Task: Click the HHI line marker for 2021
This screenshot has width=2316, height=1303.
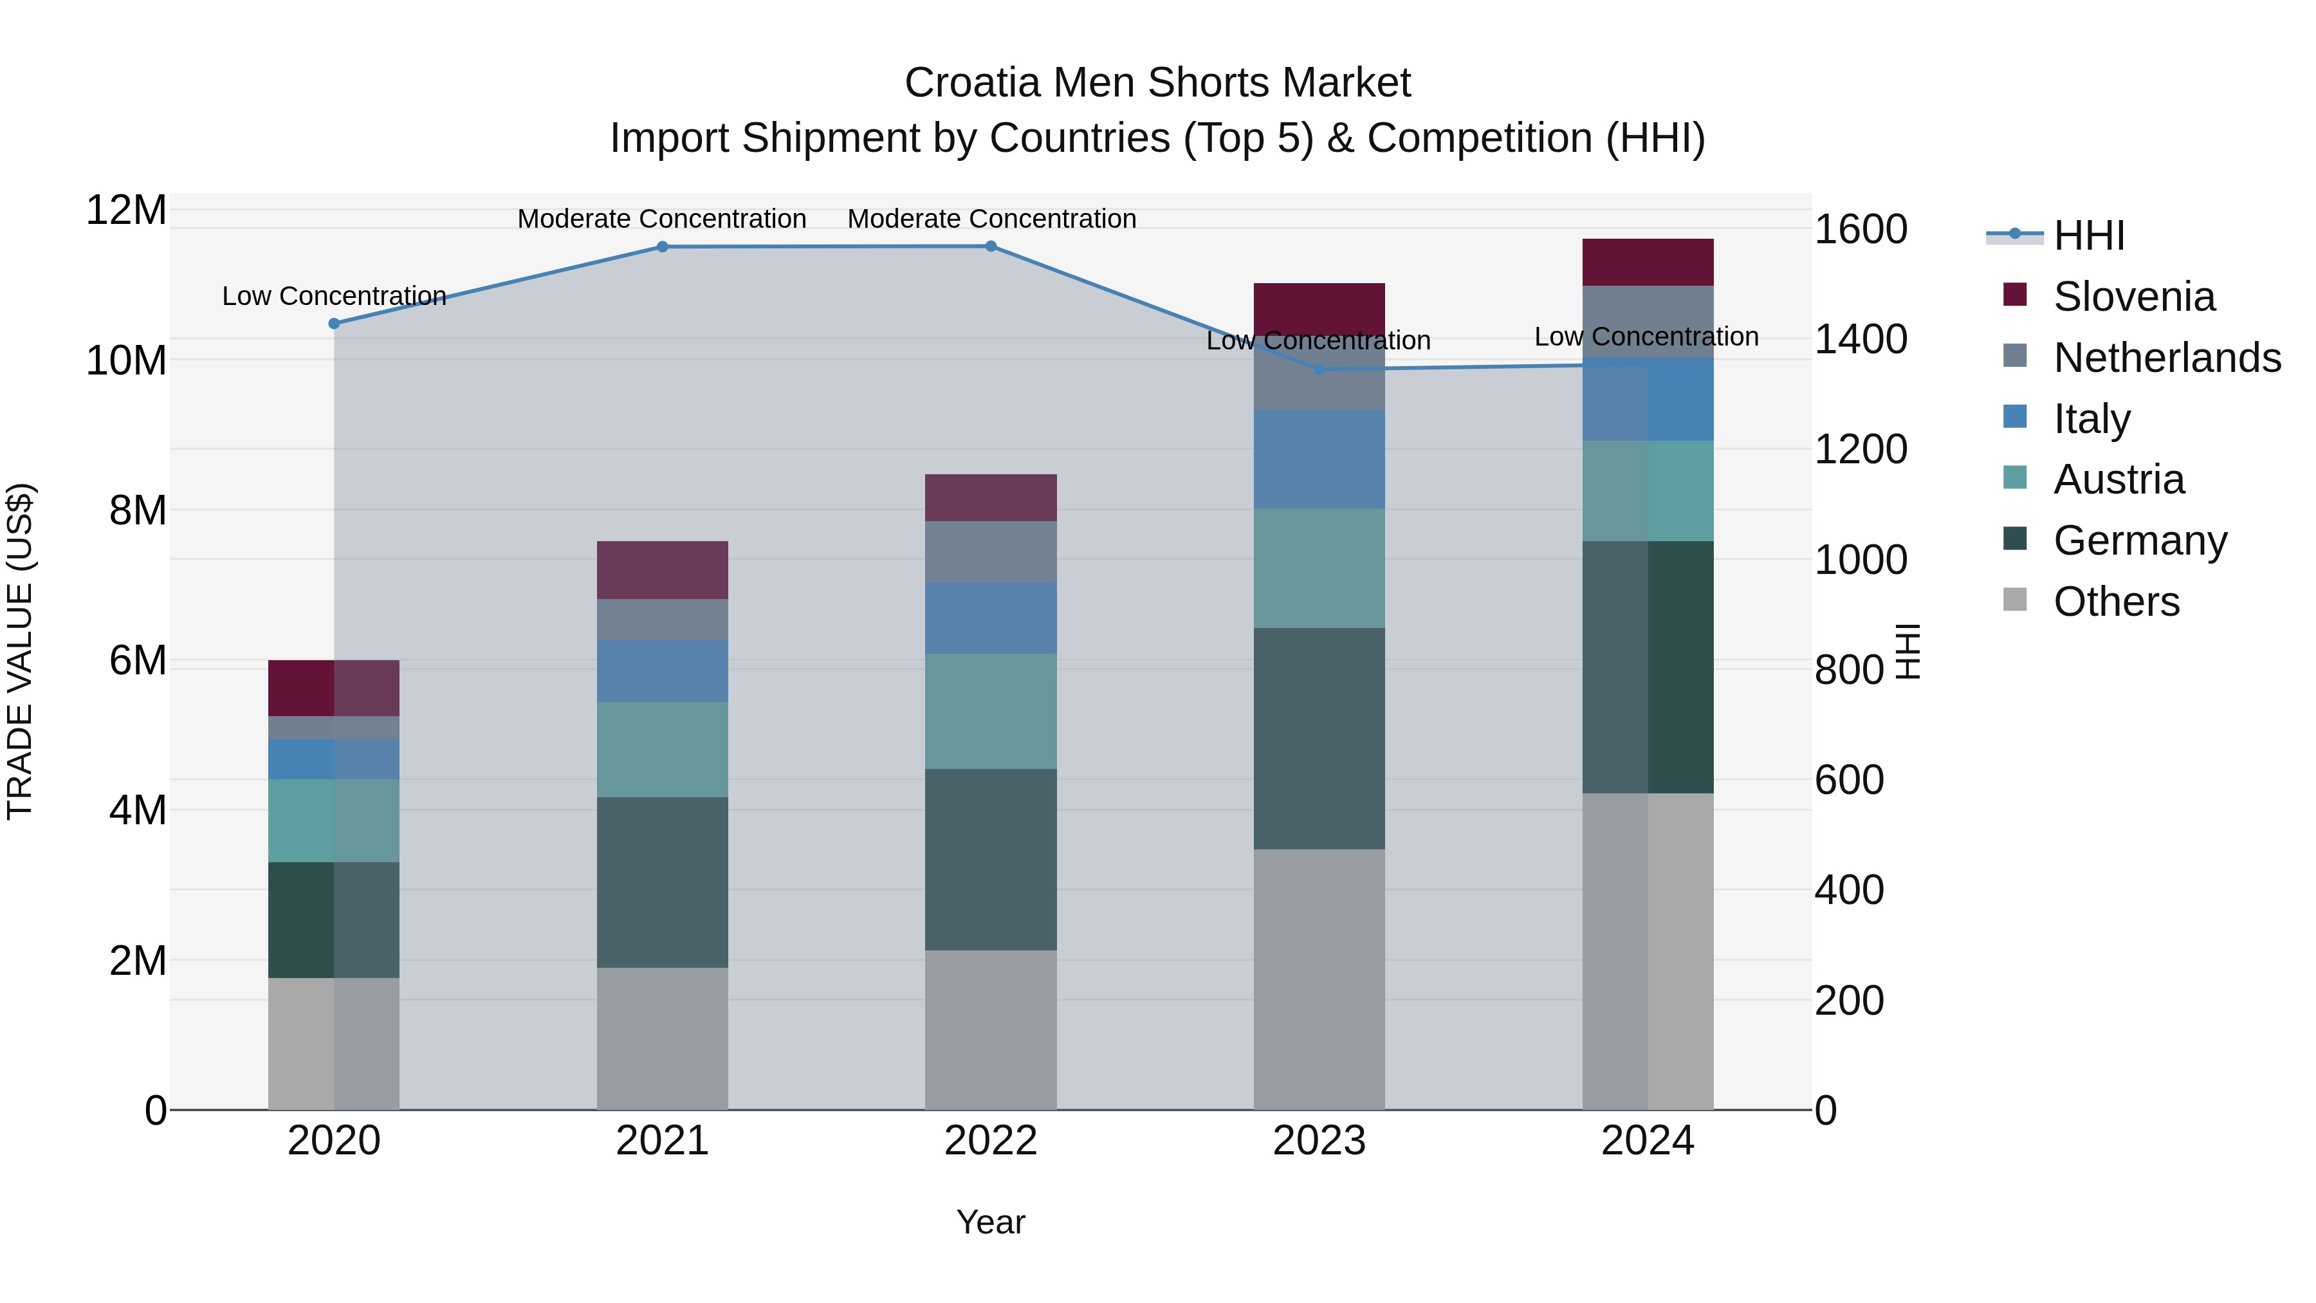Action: pos(663,246)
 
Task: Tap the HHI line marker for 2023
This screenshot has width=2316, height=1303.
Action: pos(1319,369)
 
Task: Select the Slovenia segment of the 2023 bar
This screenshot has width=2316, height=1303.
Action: pos(1319,308)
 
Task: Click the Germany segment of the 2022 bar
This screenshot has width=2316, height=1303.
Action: pos(991,859)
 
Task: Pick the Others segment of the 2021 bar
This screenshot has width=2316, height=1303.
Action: pos(663,1039)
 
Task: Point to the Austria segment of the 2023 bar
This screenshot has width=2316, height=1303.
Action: pos(1319,568)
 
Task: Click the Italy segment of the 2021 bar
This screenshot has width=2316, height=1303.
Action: pos(663,671)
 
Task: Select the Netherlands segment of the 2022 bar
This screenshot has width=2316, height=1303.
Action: pos(991,551)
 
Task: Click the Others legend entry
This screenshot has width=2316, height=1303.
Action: pos(2115,602)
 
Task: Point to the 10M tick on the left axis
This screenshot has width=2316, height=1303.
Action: pos(126,360)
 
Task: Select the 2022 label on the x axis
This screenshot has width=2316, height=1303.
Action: pos(991,1141)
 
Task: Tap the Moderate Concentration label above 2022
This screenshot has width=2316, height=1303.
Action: pos(991,219)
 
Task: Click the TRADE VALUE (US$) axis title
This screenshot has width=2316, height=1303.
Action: pos(20,651)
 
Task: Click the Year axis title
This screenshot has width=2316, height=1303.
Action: pos(991,1222)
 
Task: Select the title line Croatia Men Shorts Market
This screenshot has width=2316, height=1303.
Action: pos(1157,83)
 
